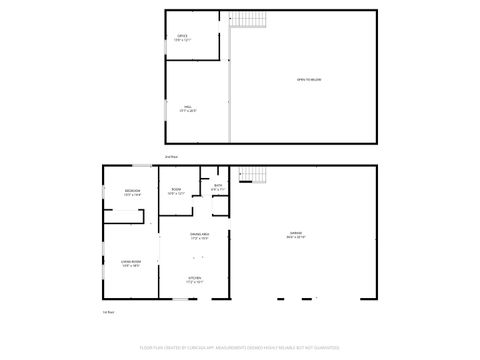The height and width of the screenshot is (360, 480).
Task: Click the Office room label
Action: coord(182,35)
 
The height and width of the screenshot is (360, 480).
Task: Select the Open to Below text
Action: coord(308,79)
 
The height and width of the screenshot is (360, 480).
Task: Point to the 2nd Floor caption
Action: coord(171,157)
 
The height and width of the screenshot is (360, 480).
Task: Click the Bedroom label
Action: coord(132,190)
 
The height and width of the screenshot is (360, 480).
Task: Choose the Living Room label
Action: coord(131,261)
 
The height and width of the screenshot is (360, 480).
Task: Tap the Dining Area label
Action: coord(198,234)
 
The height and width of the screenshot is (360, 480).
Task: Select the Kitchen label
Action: coord(197,278)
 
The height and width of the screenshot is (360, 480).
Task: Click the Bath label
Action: coord(218,185)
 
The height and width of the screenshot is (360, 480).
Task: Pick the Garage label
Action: coord(297,234)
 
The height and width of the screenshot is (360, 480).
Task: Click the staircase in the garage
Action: coord(257,177)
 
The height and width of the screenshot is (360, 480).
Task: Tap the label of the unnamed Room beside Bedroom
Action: coord(176,190)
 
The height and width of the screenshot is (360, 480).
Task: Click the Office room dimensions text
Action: coord(182,40)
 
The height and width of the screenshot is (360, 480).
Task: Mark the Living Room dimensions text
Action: coord(131,266)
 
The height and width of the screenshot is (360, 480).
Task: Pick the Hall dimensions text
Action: coord(188,110)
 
